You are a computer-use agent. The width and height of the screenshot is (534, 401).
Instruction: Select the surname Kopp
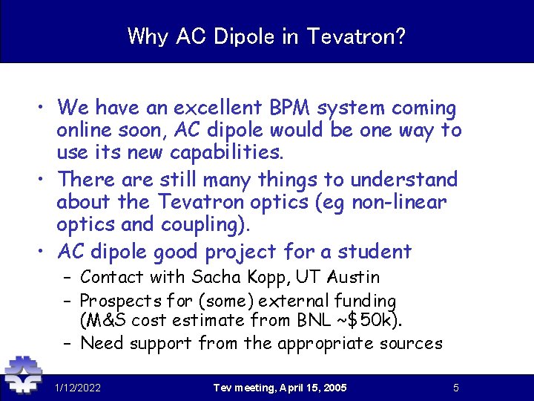tap(266, 278)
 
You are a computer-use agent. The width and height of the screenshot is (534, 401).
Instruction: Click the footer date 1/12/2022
tap(78, 388)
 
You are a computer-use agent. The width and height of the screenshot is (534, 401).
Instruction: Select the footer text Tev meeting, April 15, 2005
tap(280, 388)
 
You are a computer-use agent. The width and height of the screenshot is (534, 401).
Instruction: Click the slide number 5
tap(456, 388)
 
